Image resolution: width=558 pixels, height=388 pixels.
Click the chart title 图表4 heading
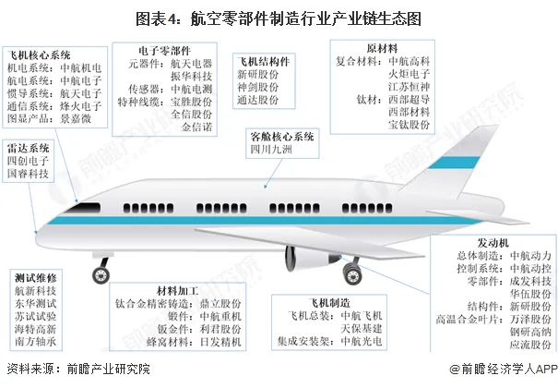pyautogui.click(x=279, y=17)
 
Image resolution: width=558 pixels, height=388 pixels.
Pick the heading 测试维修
pyautogui.click(x=36, y=277)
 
